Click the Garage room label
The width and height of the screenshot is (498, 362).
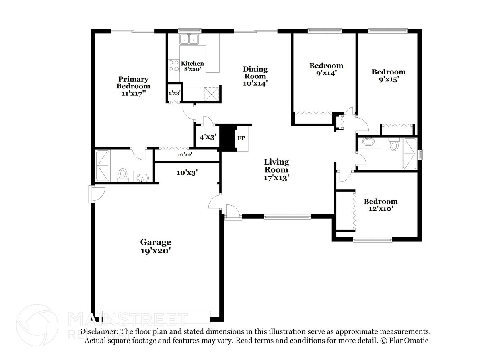point(155,246)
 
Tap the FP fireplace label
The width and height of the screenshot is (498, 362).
point(241,138)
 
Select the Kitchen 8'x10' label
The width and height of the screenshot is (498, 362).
point(192,66)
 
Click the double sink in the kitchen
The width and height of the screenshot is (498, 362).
point(189,39)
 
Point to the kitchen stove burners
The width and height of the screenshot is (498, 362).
point(174,66)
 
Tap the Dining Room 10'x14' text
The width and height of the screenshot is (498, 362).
point(255,76)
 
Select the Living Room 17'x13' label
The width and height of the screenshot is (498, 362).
point(276,169)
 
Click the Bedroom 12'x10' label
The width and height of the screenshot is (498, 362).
point(381,205)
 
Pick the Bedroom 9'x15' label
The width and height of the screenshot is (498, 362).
point(388,75)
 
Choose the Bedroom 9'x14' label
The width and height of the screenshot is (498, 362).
point(326,69)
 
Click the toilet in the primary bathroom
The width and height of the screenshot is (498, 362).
point(123,174)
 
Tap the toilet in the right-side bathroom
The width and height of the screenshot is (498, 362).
point(394,145)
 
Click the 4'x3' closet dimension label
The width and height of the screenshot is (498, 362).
point(208,137)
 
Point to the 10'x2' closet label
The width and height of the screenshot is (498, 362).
point(185,154)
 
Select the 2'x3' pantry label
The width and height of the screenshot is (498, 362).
point(174,93)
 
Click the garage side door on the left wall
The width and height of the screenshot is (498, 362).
point(97,194)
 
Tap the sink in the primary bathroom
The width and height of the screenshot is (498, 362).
point(142,177)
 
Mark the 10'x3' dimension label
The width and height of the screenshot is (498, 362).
point(187,172)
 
